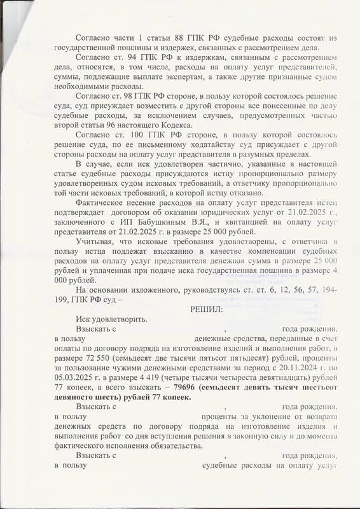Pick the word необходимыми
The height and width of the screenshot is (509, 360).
point(88,87)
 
